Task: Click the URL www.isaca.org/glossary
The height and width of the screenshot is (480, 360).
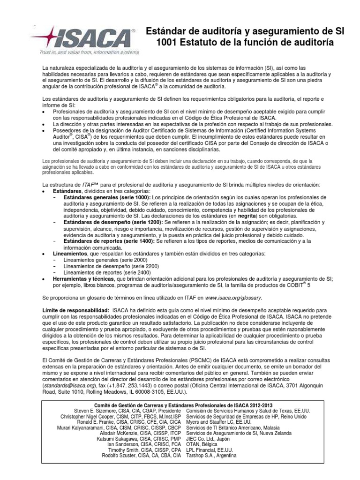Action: click(233, 297)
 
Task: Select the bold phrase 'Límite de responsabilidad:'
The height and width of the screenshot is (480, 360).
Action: click(75, 310)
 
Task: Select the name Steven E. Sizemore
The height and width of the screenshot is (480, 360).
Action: click(100, 411)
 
